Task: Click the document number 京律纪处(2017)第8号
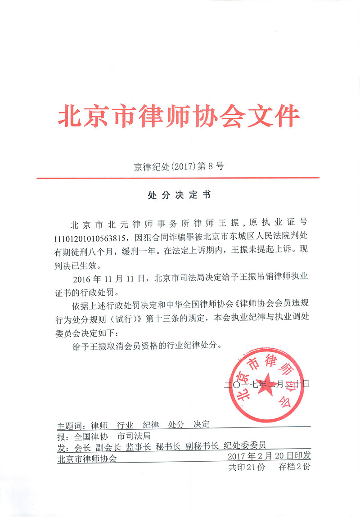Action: click(179, 166)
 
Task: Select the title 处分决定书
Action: click(179, 195)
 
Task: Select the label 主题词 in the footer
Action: click(71, 425)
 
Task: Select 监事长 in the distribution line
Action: click(138, 447)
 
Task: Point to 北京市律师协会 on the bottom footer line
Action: click(87, 459)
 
